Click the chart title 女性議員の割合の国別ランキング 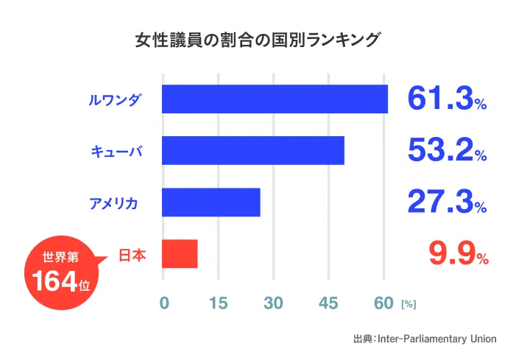click(258, 39)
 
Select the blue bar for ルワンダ click(275, 99)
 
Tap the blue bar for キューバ click(252, 151)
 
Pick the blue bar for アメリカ click(211, 202)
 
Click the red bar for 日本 click(180, 254)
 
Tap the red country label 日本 click(132, 255)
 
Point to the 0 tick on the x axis click(163, 303)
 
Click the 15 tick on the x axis click(218, 303)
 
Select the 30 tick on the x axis click(273, 303)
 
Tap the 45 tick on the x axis click(328, 303)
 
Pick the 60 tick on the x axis click(384, 303)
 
